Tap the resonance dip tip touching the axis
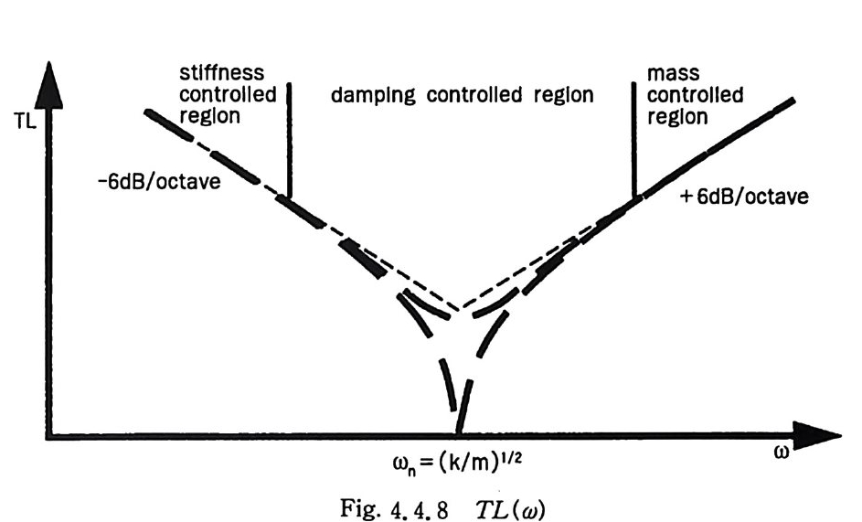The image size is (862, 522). click(x=458, y=430)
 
